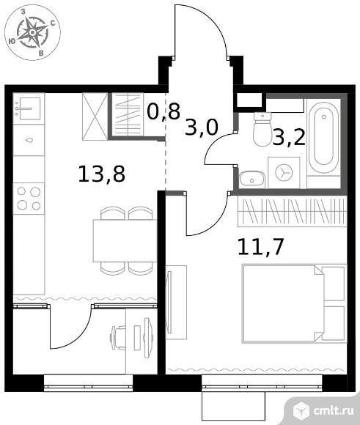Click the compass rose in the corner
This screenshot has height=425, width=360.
pyautogui.click(x=32, y=32)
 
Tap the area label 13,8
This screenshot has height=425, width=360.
pyautogui.click(x=101, y=174)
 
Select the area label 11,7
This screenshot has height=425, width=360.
pyautogui.click(x=260, y=247)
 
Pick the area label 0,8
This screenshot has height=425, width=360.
pyautogui.click(x=164, y=111)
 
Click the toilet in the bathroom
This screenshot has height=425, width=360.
pyautogui.click(x=262, y=130)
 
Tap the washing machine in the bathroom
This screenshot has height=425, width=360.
pyautogui.click(x=284, y=173)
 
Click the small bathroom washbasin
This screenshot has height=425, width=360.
pyautogui.click(x=251, y=179)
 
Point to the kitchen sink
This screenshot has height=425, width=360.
pyautogui.click(x=29, y=108)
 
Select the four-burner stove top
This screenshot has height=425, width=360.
pyautogui.click(x=29, y=199)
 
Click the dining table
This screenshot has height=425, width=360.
pyautogui.click(x=125, y=241)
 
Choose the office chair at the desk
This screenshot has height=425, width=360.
pyautogui.click(x=118, y=338)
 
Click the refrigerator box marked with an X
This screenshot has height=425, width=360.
pyautogui.click(x=95, y=117)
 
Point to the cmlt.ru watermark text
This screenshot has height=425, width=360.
pyautogui.click(x=334, y=411)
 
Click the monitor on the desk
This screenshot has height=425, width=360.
pyautogui.click(x=148, y=338)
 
